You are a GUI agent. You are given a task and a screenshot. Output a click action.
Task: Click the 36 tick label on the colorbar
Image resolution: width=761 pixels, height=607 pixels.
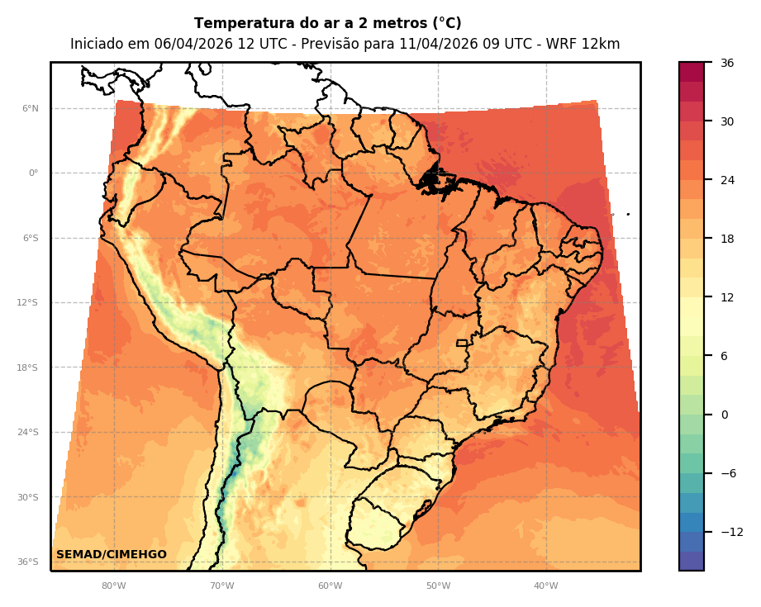[727, 63]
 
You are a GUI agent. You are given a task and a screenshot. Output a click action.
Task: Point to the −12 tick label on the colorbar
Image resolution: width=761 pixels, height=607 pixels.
[731, 532]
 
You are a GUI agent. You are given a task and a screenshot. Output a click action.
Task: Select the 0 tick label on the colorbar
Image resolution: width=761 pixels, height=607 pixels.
[724, 415]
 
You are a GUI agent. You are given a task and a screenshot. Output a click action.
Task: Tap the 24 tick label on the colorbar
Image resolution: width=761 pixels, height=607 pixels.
[727, 180]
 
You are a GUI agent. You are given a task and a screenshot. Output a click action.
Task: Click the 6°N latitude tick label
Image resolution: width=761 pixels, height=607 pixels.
[31, 108]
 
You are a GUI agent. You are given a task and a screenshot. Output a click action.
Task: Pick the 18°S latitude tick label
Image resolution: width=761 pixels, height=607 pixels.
[27, 368]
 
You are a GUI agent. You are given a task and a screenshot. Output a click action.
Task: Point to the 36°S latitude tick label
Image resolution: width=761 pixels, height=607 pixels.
[27, 562]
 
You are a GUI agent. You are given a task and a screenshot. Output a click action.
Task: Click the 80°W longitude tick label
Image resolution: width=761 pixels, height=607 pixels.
[113, 586]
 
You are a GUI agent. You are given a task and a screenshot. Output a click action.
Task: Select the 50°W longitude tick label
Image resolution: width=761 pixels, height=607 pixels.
[438, 586]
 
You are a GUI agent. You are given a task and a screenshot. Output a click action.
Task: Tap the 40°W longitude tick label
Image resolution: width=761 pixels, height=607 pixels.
[545, 586]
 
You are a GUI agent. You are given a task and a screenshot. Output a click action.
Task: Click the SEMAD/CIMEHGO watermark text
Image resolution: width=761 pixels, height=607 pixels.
[112, 554]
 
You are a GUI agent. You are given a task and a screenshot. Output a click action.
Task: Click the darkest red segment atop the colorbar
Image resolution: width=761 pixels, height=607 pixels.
[692, 72]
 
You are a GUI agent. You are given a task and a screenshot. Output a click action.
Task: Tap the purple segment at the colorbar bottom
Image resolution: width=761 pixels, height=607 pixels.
[692, 561]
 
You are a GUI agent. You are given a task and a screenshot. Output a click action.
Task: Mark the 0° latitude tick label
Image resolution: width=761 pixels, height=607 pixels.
[33, 173]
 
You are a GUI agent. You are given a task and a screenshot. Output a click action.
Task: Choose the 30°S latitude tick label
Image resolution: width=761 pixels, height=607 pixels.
[27, 497]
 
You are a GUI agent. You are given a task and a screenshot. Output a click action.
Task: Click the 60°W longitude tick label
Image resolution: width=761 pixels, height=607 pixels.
[330, 586]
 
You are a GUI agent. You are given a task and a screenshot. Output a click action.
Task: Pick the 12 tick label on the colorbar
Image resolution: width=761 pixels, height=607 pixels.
[727, 297]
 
